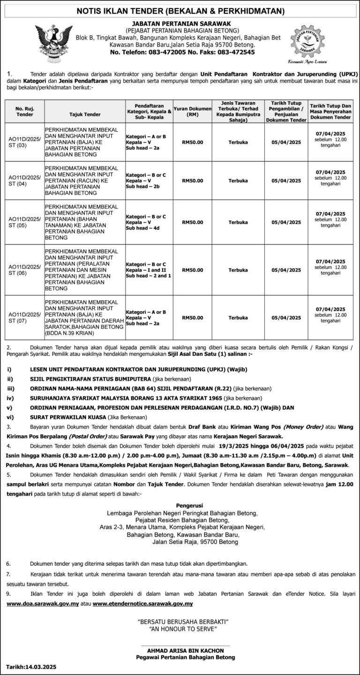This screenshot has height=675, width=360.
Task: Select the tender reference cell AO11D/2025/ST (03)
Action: pyautogui.click(x=24, y=141)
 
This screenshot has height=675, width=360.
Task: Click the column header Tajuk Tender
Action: pyautogui.click(x=85, y=114)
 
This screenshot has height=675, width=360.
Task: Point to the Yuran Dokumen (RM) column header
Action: pyautogui.click(x=192, y=111)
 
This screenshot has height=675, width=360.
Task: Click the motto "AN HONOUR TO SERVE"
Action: pyautogui.click(x=183, y=630)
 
